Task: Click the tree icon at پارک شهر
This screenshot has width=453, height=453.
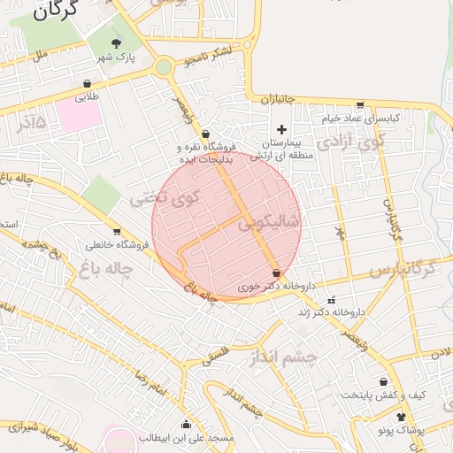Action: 116,42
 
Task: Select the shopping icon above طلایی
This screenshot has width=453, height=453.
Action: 87,83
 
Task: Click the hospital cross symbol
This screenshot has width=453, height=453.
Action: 282,130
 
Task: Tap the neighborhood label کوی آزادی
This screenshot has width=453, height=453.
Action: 351,140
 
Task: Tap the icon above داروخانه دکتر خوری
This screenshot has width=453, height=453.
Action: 276,273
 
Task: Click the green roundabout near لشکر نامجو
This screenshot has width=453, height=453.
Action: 164,66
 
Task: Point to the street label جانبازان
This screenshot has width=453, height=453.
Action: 276,100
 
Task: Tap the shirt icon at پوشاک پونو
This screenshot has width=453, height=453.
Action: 400,416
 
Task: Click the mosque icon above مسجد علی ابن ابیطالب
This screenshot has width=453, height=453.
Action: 186,424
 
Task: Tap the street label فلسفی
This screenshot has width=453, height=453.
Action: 218,355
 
